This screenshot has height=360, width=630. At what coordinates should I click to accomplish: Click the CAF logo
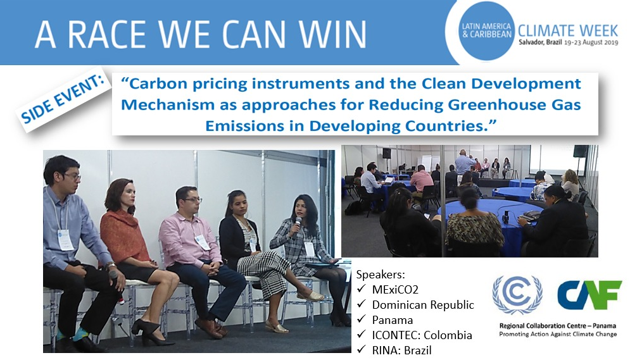pyautogui.click(x=589, y=295)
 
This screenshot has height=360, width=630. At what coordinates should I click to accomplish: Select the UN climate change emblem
pyautogui.click(x=517, y=295)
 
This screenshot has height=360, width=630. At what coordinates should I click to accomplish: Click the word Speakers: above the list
pyautogui.click(x=381, y=275)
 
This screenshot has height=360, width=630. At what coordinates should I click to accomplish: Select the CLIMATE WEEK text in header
pyautogui.click(x=568, y=30)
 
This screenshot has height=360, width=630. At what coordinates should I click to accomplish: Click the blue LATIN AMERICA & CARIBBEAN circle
pyautogui.click(x=486, y=30)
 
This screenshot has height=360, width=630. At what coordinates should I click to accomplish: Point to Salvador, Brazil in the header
pyautogui.click(x=540, y=42)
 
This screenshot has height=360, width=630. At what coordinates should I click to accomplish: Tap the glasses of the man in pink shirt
pyautogui.click(x=191, y=201)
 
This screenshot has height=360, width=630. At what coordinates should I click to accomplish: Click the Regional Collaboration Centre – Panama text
pyautogui.click(x=558, y=326)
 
